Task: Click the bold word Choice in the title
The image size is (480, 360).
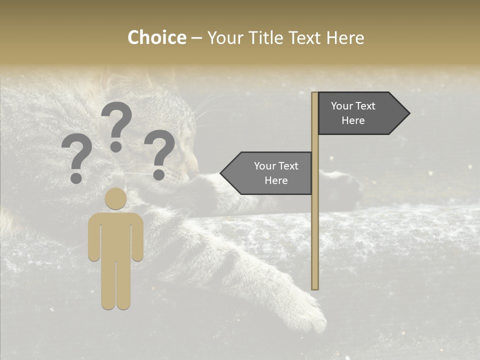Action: (x=157, y=38)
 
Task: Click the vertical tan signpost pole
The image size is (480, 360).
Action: (x=314, y=225)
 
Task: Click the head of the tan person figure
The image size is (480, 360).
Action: (x=116, y=198)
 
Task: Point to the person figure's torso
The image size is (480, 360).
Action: (x=116, y=235)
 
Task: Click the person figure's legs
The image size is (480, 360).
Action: (x=116, y=285)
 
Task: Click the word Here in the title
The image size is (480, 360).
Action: (x=345, y=38)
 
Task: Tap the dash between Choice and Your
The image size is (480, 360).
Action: (x=196, y=38)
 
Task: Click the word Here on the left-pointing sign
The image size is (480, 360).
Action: (x=276, y=180)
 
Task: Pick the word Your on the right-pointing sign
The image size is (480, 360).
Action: (x=342, y=106)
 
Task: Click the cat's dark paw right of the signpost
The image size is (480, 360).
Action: (x=345, y=187)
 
